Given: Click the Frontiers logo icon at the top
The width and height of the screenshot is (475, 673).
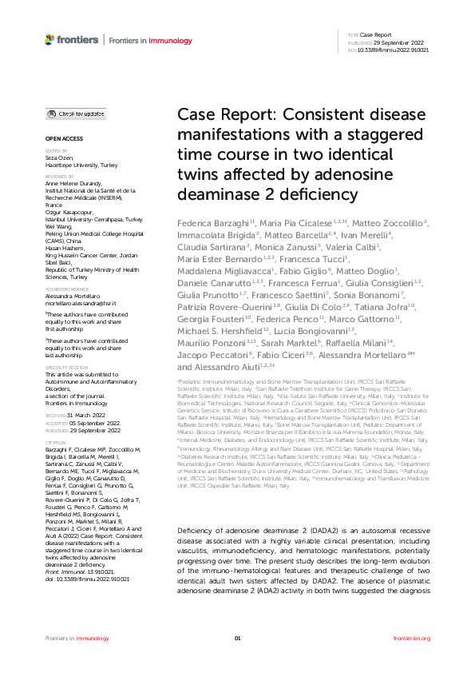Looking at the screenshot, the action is coord(49,38).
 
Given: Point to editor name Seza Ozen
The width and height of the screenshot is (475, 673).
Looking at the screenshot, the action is coord(58,159).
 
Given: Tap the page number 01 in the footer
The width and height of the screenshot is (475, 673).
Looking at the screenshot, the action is coord(237,639).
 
